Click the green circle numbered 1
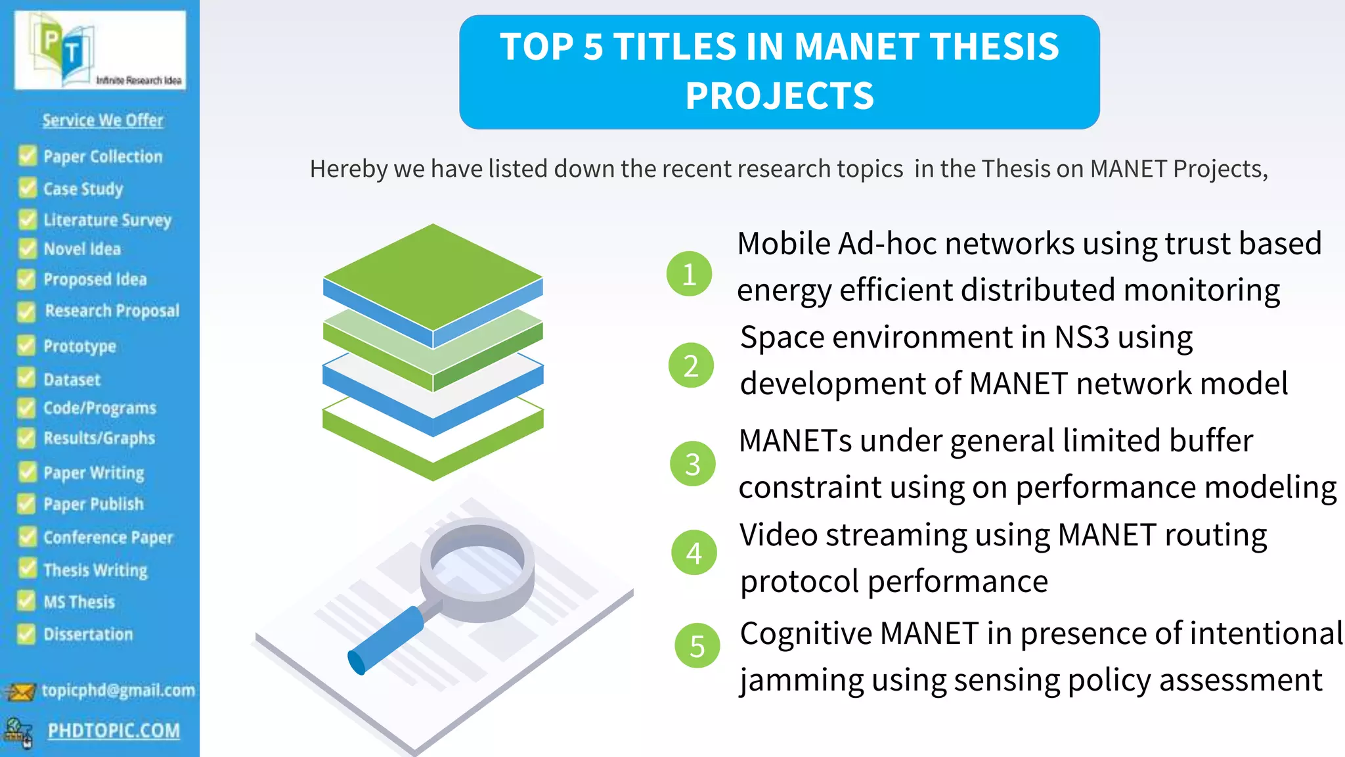click(x=689, y=273)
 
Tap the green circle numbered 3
click(x=692, y=464)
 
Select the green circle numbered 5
click(x=697, y=645)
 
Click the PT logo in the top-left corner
click(x=100, y=50)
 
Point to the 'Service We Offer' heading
click(x=102, y=120)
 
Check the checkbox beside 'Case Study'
click(x=28, y=189)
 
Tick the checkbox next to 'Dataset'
click(x=27, y=378)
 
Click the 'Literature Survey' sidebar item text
click(x=107, y=219)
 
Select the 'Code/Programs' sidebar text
click(x=100, y=408)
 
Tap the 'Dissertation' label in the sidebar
click(x=88, y=634)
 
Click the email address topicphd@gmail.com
click(x=118, y=690)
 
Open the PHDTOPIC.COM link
click(x=114, y=730)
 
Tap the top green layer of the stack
click(x=433, y=276)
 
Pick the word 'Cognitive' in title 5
click(x=805, y=634)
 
